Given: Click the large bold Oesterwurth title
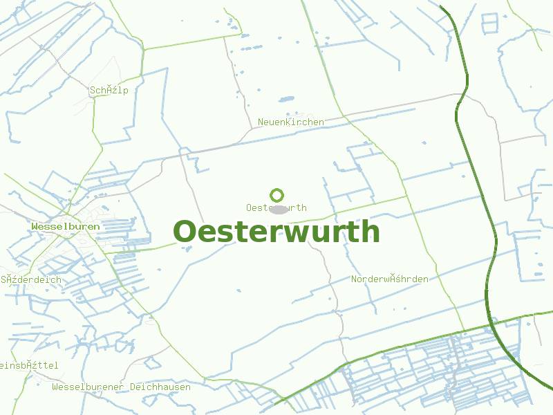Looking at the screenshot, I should [276, 232].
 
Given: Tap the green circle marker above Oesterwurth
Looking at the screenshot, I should [277, 195].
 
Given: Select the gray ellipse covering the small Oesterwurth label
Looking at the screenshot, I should [279, 208].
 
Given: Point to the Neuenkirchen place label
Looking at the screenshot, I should [291, 122].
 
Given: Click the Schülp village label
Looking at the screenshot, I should [109, 90].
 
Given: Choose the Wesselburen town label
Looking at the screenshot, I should [66, 226].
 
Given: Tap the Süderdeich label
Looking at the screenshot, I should [31, 280].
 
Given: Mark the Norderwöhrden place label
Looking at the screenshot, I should [390, 279].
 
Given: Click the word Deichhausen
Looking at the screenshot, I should [160, 387].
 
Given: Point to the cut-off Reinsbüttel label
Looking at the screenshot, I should [28, 365].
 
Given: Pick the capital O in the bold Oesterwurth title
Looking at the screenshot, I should [185, 232].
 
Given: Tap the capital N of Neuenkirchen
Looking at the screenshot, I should [261, 122].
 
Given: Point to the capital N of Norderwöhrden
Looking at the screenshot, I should [355, 279].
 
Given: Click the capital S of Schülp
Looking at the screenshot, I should [92, 90].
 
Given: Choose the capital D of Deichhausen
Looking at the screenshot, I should [133, 387].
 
